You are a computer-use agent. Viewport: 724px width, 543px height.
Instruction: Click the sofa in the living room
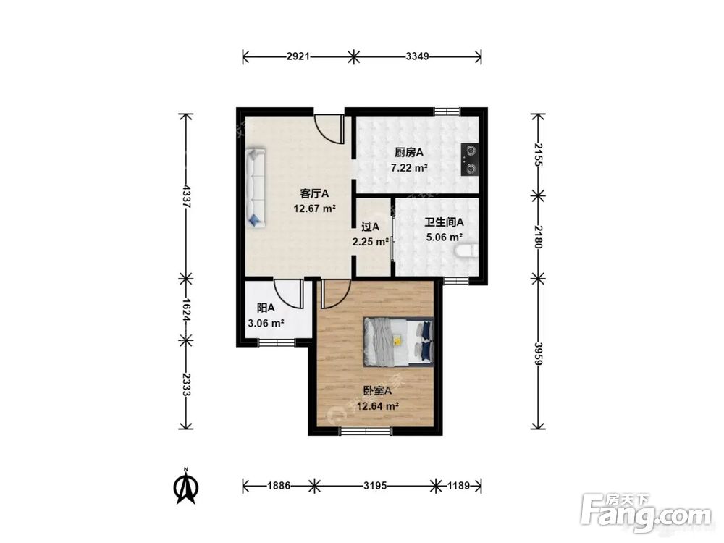(x=256, y=188)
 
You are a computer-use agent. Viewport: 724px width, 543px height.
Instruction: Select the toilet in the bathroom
(x=466, y=252)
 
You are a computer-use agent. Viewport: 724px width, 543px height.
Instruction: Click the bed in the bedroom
(x=399, y=342)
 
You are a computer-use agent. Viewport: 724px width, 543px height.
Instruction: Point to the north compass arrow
(x=186, y=487)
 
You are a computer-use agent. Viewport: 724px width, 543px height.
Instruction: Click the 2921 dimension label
(x=298, y=56)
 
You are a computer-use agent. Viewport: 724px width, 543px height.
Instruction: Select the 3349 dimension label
(x=418, y=56)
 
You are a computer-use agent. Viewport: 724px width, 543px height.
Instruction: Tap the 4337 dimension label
(x=186, y=196)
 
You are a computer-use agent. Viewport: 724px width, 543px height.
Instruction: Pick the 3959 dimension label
(x=538, y=354)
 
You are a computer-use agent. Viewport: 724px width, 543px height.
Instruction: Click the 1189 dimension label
(x=458, y=485)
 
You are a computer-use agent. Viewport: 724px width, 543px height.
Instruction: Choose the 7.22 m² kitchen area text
(x=408, y=168)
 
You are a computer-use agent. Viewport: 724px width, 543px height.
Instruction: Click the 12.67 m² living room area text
(x=314, y=209)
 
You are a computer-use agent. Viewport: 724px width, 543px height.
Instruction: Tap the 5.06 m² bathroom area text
(x=445, y=237)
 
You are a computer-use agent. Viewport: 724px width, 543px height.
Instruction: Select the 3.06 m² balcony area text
(x=266, y=323)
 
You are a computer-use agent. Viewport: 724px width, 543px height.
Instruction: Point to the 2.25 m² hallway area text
(x=370, y=242)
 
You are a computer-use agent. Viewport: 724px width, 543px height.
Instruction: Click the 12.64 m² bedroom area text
(x=378, y=406)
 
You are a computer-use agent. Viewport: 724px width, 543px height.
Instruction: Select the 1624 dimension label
(x=186, y=310)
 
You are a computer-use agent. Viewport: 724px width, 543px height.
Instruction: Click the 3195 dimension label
(x=375, y=485)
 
